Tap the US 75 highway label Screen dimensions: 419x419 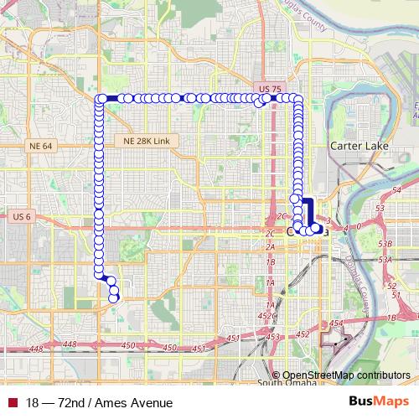coord(271,88)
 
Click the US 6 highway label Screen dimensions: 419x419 coord(22,216)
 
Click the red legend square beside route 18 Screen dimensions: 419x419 coord(12,402)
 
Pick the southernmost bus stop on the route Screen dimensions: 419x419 coord(114,297)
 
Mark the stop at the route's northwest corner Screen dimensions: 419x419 coord(101,99)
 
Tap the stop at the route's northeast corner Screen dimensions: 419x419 coord(297,99)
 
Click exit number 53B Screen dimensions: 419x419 coord(385,243)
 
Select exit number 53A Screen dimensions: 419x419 coord(385,260)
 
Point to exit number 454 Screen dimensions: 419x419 coord(337,323)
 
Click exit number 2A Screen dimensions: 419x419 coord(270,248)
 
